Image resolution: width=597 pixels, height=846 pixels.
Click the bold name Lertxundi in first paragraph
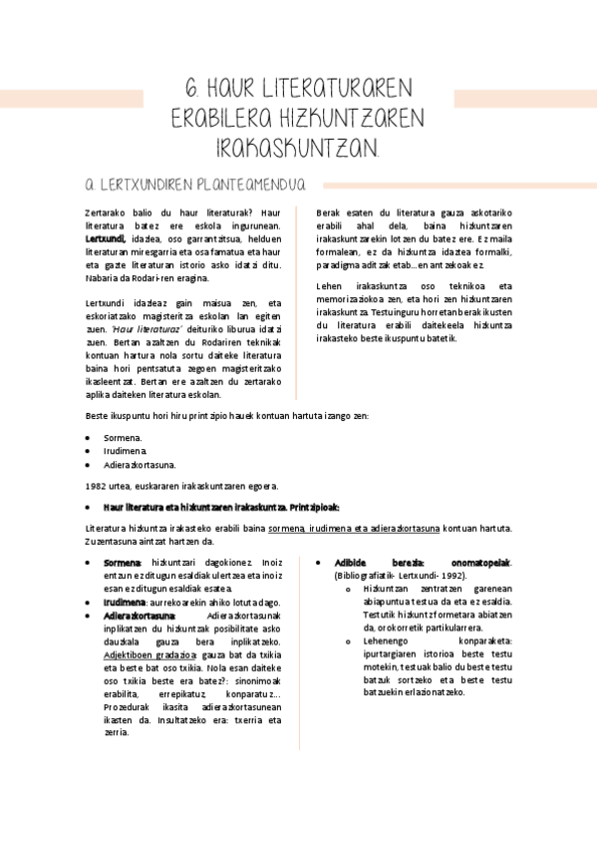tap(105, 239)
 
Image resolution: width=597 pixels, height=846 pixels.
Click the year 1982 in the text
tap(98, 486)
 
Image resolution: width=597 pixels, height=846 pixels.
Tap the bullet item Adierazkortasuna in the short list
tap(140, 464)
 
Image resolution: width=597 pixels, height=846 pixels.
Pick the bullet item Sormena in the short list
tap(123, 438)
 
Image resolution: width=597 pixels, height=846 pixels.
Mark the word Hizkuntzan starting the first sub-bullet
tap(389, 589)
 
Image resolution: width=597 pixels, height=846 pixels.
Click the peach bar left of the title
tap(72, 99)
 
